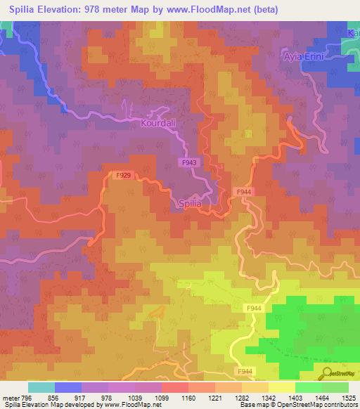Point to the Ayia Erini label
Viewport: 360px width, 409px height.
303,56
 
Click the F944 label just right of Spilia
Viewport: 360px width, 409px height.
244,192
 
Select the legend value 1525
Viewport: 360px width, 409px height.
347,398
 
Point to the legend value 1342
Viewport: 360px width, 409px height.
269,398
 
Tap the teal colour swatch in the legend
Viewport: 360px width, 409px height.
41,387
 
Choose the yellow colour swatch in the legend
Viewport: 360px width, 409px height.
281,387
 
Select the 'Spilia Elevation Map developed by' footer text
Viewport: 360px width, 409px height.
51,405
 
